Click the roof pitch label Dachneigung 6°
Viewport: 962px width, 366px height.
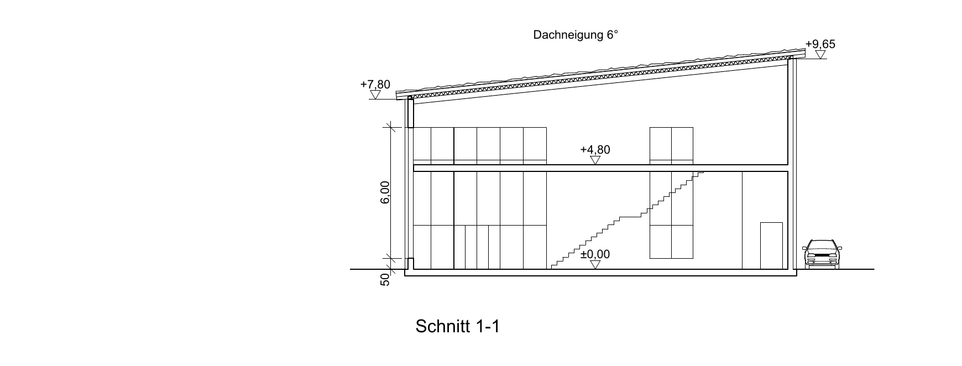tap(575, 35)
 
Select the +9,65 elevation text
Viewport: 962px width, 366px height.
tap(820, 44)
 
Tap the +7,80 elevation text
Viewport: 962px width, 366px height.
tap(375, 85)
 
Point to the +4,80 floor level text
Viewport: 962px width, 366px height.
tap(595, 150)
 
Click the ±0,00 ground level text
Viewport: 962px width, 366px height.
tap(595, 254)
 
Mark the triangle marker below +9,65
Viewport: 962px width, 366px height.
tap(820, 55)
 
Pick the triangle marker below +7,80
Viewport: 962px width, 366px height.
tap(375, 95)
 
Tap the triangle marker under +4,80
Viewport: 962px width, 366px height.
tap(595, 160)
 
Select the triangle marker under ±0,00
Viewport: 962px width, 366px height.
tap(595, 265)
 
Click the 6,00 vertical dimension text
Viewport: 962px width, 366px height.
tap(385, 192)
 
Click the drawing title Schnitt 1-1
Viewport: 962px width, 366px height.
tap(457, 326)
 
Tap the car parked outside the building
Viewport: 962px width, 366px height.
tap(822, 254)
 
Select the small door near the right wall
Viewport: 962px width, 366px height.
tap(771, 245)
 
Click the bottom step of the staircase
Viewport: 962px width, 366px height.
tap(555, 266)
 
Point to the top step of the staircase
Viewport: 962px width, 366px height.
tap(700, 173)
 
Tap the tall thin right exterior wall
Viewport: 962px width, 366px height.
tap(791, 164)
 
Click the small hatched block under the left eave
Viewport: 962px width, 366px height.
tap(411, 113)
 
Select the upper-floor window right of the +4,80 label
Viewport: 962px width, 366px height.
tap(671, 146)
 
